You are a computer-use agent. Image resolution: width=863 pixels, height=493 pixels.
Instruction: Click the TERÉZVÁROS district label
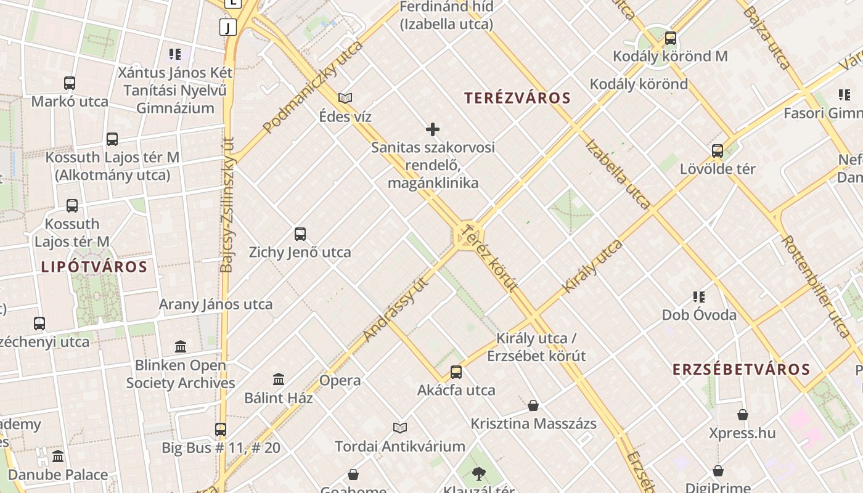tap(518, 98)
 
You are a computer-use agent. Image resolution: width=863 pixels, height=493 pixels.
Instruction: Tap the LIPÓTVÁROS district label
tap(94, 267)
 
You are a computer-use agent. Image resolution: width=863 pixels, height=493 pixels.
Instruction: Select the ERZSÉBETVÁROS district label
tap(741, 369)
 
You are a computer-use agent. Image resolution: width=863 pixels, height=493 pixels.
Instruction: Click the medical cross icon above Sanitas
tap(433, 129)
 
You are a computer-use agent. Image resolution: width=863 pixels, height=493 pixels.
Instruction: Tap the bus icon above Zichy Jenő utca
tap(300, 234)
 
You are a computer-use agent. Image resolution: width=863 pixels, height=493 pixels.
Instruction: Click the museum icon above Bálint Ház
tap(279, 380)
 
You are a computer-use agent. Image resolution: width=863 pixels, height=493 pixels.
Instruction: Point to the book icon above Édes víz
tap(345, 98)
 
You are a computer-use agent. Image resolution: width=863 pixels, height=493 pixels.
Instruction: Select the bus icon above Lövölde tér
tap(718, 151)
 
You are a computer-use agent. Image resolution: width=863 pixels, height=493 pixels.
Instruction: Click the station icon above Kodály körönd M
tap(671, 38)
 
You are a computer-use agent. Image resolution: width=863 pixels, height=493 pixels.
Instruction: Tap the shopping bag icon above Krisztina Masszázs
tap(533, 405)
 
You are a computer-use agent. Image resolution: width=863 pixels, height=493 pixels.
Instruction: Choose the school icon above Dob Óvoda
tap(699, 297)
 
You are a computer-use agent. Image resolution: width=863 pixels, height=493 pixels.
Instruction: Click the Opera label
tap(340, 380)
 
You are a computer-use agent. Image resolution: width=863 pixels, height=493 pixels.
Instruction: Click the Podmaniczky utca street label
tap(313, 86)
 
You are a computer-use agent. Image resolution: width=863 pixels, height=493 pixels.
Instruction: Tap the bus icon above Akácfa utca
tap(456, 372)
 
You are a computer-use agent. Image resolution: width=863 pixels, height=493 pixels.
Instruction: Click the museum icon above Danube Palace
tap(58, 457)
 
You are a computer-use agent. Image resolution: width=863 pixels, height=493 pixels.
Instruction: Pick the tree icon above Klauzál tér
tap(478, 473)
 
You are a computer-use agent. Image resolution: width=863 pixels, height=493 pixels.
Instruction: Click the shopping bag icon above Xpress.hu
tap(743, 415)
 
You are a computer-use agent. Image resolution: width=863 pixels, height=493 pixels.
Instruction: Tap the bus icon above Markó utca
tap(70, 83)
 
